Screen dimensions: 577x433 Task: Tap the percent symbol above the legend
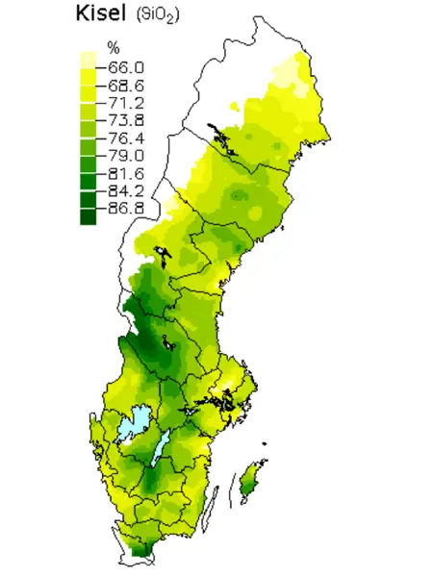(113, 48)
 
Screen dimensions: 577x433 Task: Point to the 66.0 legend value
(125, 67)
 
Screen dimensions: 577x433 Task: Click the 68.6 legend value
(125, 85)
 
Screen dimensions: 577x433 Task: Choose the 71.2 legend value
(125, 102)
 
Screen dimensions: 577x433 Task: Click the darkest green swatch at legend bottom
(89, 215)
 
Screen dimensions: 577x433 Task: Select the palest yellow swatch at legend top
(89, 59)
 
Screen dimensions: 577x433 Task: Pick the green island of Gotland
(248, 478)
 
